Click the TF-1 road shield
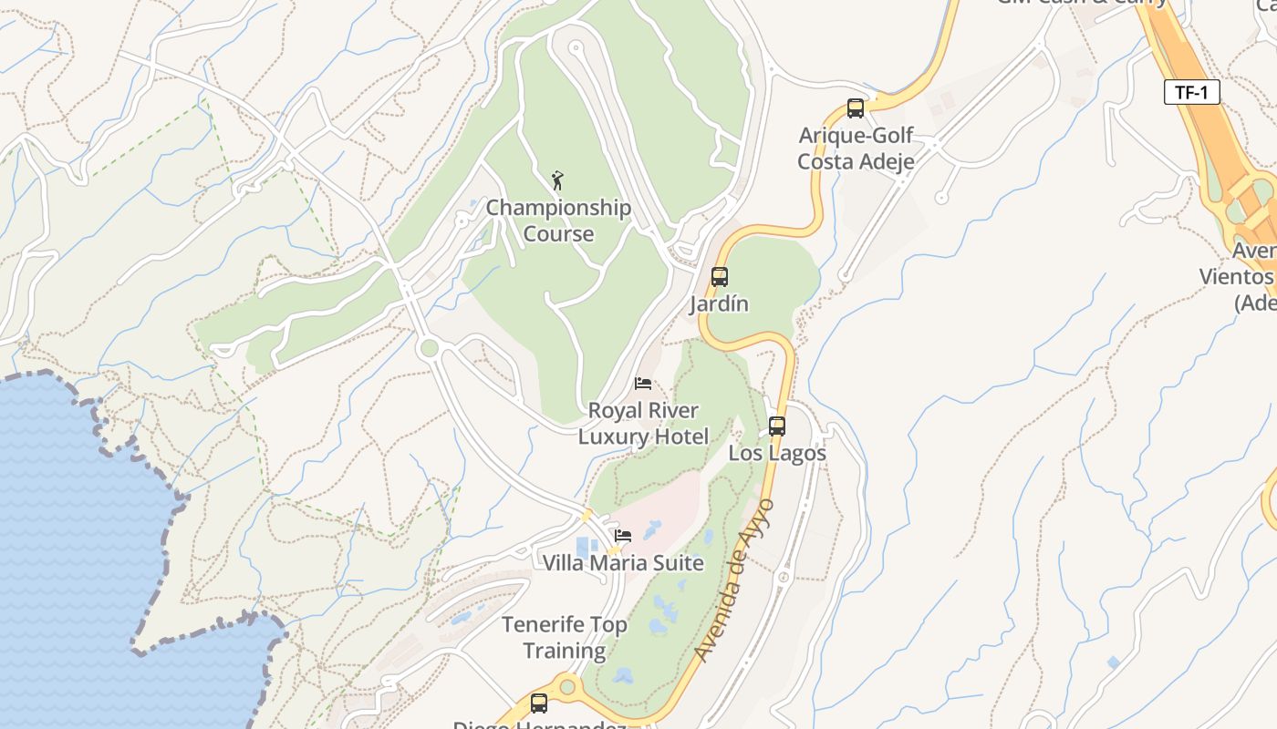[1191, 92]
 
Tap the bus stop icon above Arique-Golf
[856, 108]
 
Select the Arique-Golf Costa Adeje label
[856, 149]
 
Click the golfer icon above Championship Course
[557, 180]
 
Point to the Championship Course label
[558, 221]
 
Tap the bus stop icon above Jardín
[720, 277]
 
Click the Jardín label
[719, 304]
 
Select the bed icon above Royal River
[643, 384]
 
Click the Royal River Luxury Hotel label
[643, 424]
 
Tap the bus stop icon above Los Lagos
[777, 426]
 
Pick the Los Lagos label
[777, 453]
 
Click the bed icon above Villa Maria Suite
[623, 536]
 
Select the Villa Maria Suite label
[623, 563]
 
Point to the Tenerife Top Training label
[565, 638]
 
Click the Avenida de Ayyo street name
[734, 580]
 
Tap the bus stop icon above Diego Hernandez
[539, 703]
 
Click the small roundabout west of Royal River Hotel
[429, 348]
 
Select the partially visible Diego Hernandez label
[539, 725]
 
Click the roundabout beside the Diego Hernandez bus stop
[568, 685]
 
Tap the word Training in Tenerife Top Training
[565, 652]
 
